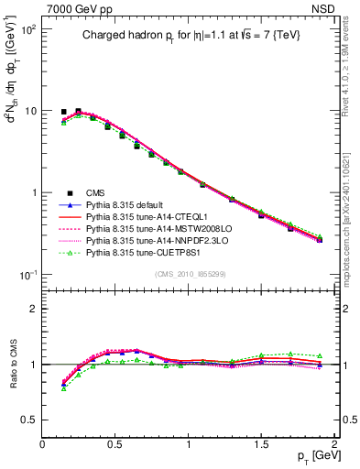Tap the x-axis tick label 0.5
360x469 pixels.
pos(115,444)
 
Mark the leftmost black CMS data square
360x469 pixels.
pos(63,112)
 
